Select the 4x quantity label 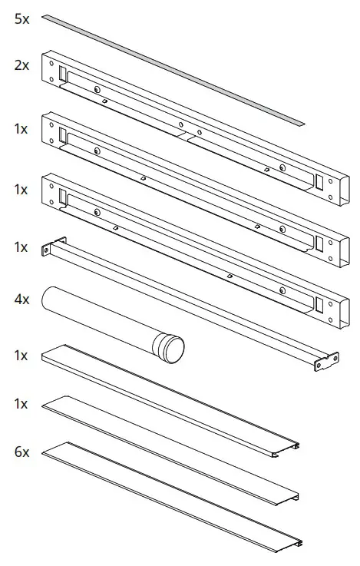tap(21, 299)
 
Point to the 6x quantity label tap(21, 452)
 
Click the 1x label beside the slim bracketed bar tap(21, 247)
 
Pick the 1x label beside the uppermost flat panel tap(21, 356)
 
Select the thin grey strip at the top tap(173, 68)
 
